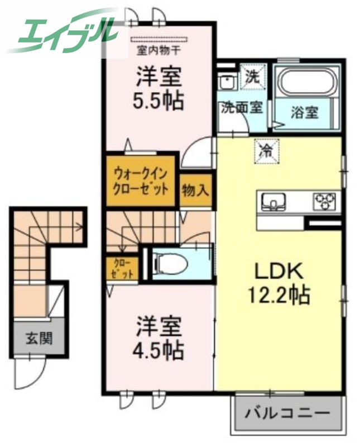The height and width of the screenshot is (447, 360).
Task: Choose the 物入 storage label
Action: click(195, 190)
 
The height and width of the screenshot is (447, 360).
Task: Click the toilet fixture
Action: click(167, 262)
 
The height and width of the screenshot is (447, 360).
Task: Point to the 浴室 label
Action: click(305, 112)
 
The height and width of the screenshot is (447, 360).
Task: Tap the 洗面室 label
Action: click(241, 107)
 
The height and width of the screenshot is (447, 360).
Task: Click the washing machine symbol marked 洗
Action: click(254, 78)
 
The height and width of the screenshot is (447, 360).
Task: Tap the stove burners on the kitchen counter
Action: click(325, 199)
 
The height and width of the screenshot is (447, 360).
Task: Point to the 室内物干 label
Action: click(158, 49)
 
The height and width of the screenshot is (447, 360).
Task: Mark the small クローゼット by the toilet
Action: click(121, 268)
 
